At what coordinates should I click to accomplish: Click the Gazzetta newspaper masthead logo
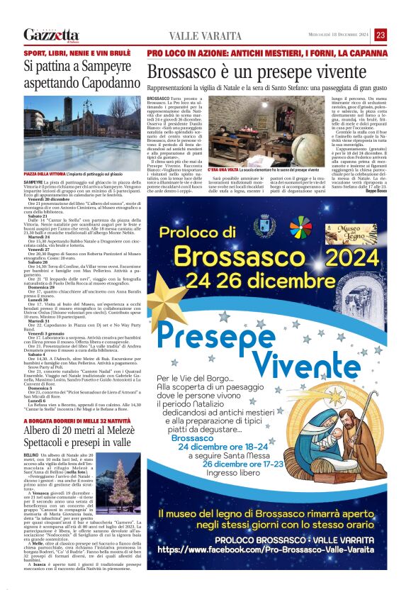51,35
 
